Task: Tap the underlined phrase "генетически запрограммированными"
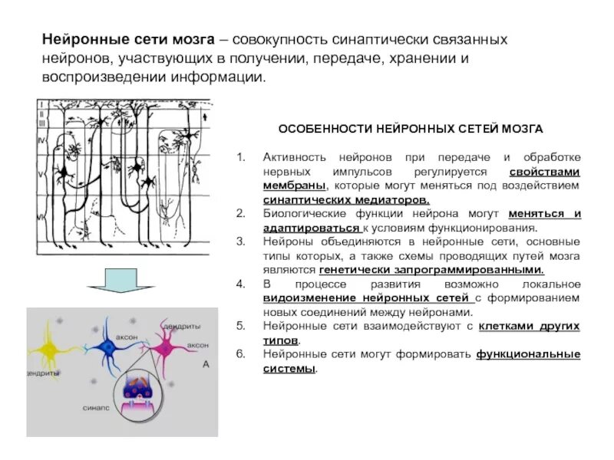pos(431,270)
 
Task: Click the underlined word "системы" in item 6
pos(289,369)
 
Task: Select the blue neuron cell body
pos(111,350)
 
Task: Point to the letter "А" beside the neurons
pos(206,366)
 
